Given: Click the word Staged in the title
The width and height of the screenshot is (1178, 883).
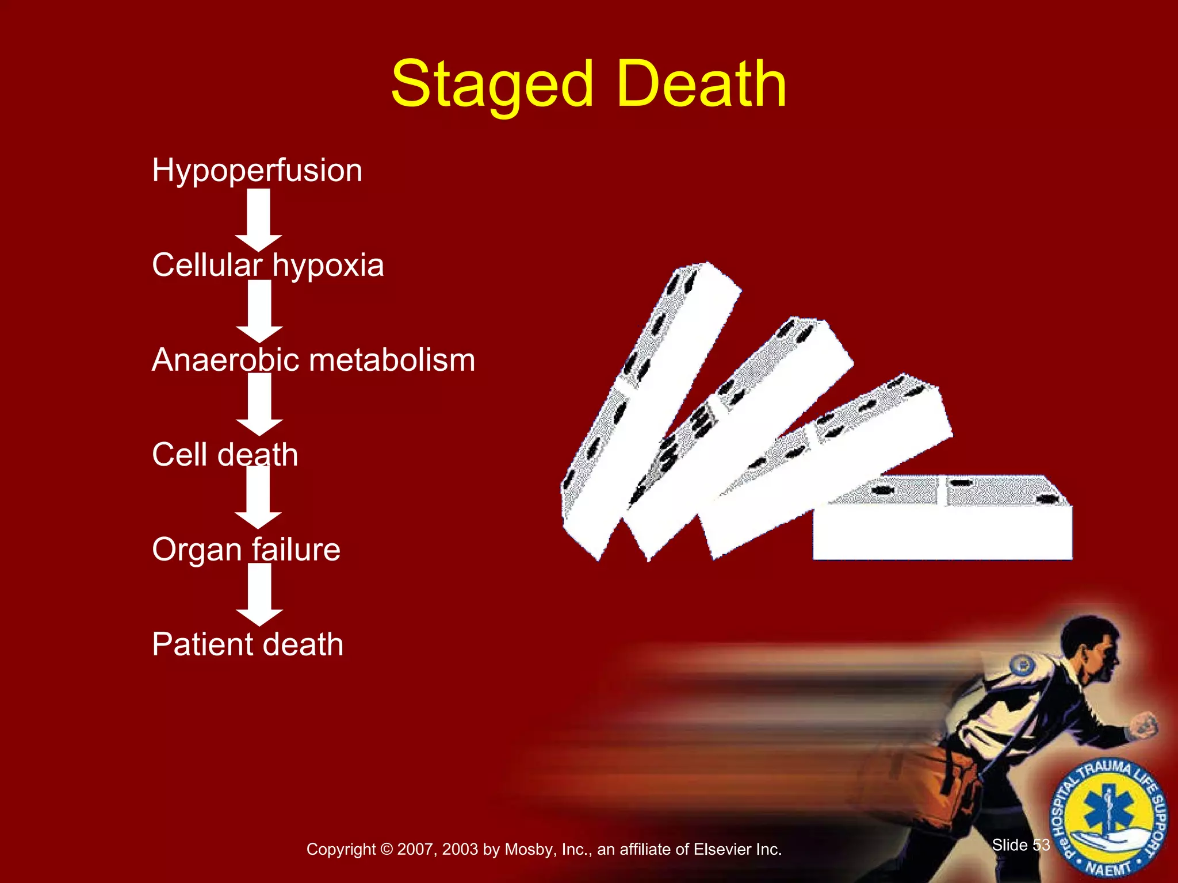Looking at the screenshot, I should pyautogui.click(x=492, y=85).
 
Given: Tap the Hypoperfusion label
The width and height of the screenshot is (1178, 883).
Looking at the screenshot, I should pyautogui.click(x=257, y=170).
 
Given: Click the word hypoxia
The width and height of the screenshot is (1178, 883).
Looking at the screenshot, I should pyautogui.click(x=328, y=266).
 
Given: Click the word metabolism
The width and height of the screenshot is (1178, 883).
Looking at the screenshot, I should pyautogui.click(x=392, y=360).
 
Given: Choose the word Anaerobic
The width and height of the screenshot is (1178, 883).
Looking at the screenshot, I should pyautogui.click(x=227, y=360).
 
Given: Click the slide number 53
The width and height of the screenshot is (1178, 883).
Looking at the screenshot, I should pyautogui.click(x=1041, y=844).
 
